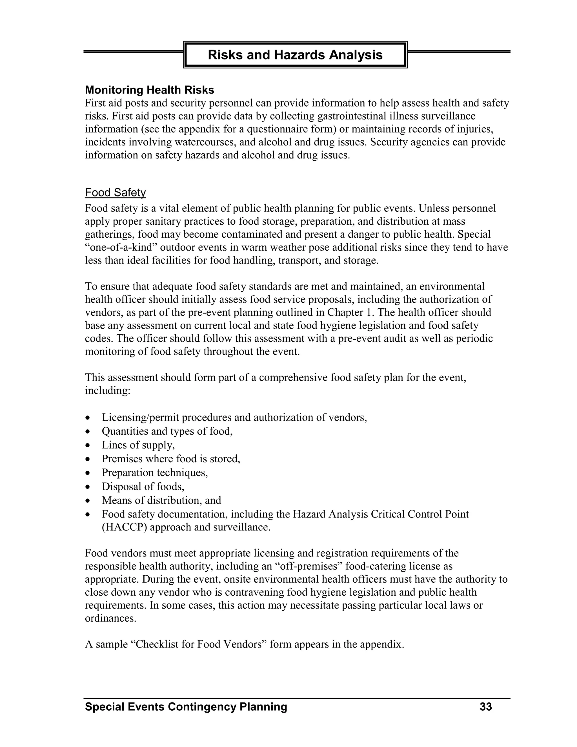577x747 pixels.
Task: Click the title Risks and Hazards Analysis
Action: pos(295,55)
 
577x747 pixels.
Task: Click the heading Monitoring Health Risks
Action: pos(149,90)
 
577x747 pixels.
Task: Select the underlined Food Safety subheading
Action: pos(115,193)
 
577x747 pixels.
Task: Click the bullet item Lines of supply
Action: pos(138,445)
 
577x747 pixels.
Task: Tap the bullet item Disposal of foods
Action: pos(143,486)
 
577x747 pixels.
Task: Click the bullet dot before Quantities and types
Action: pos(88,432)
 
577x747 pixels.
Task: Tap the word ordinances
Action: pos(110,618)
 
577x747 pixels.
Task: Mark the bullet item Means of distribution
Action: pos(161,500)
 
